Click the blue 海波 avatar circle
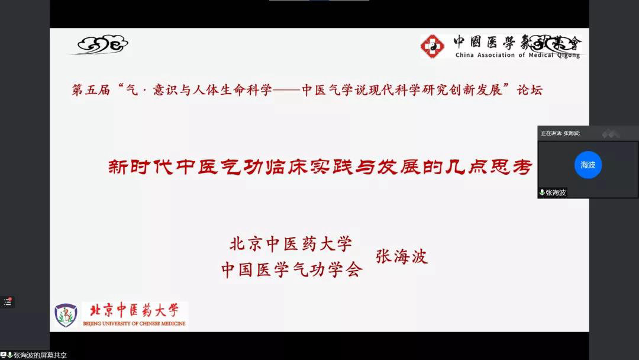[588, 165]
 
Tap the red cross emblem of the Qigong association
[433, 46]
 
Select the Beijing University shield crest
[66, 315]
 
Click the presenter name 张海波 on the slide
[402, 256]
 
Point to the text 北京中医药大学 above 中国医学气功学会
[291, 244]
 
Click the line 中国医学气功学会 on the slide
[292, 269]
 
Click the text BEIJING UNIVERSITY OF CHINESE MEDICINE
[134, 324]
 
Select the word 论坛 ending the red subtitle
[530, 89]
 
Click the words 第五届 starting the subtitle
[91, 89]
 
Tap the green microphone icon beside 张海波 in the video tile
[542, 192]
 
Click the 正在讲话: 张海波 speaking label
[560, 133]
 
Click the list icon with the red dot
[7, 302]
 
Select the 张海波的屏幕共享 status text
[40, 355]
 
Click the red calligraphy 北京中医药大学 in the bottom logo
[134, 310]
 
